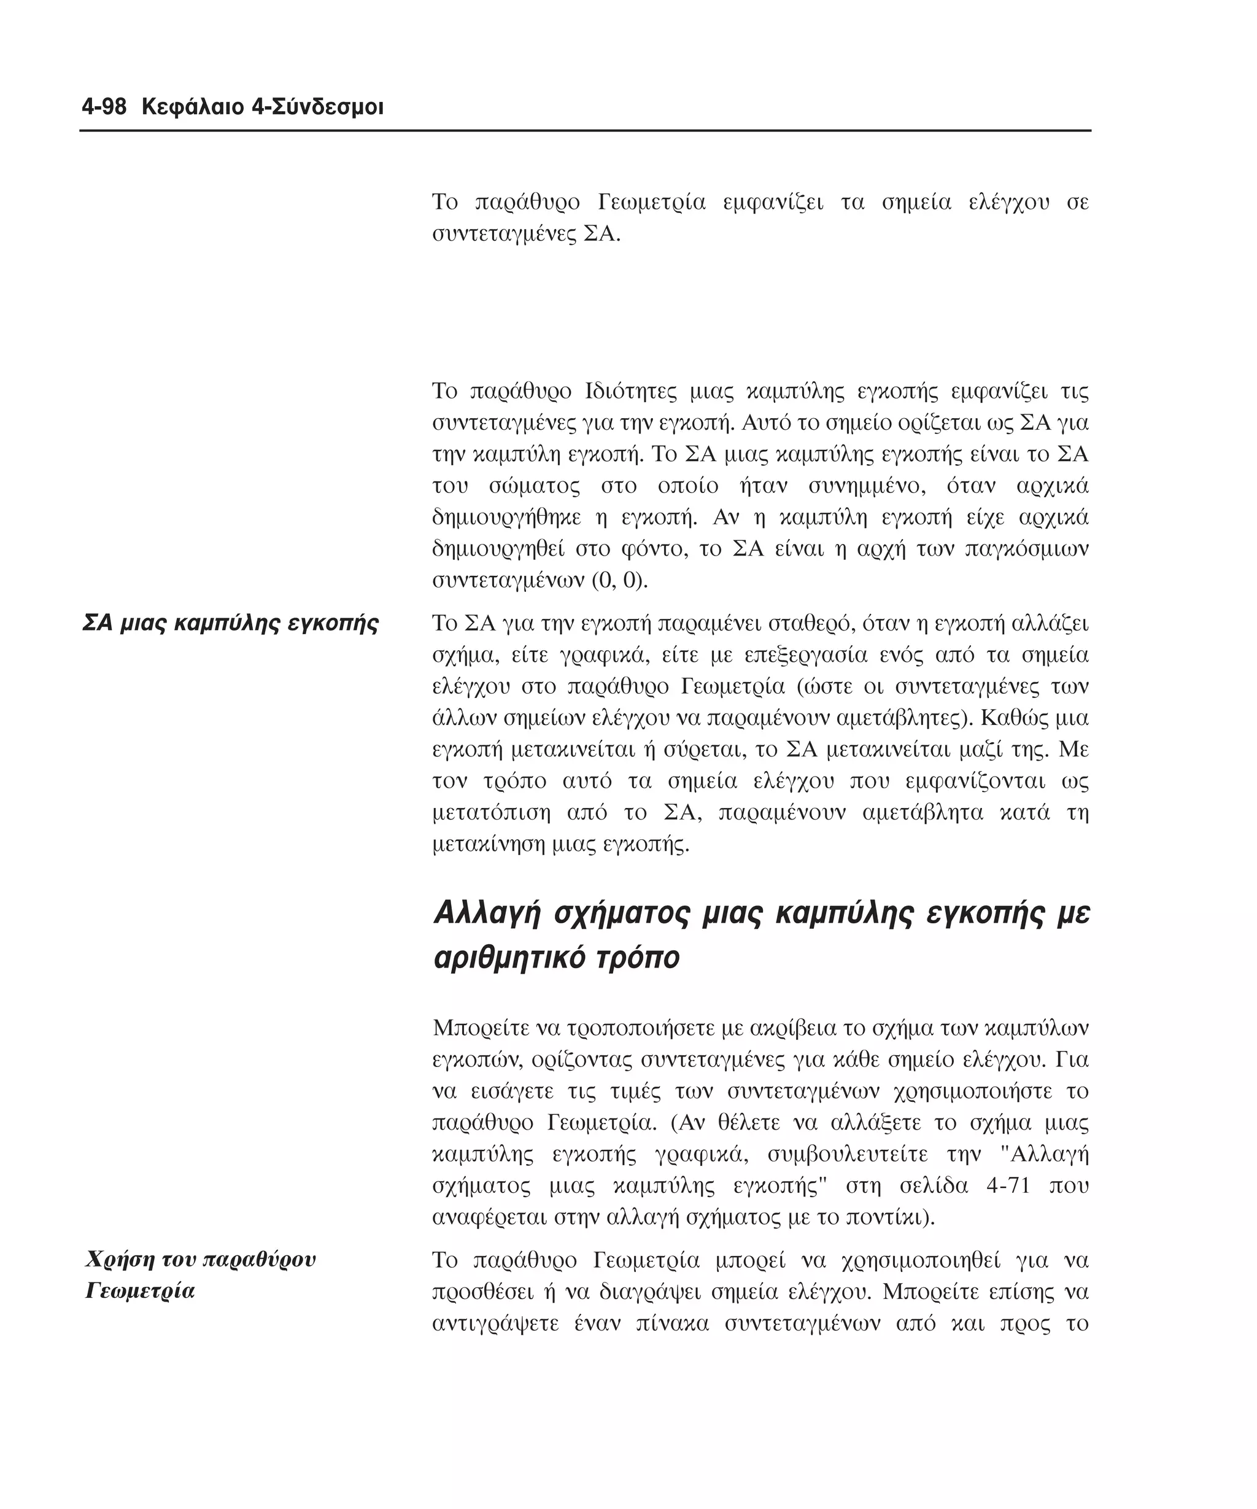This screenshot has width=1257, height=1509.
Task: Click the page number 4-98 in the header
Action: (104, 108)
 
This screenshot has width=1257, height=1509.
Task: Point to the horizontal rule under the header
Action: (585, 131)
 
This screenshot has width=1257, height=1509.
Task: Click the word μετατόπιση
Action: (491, 813)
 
